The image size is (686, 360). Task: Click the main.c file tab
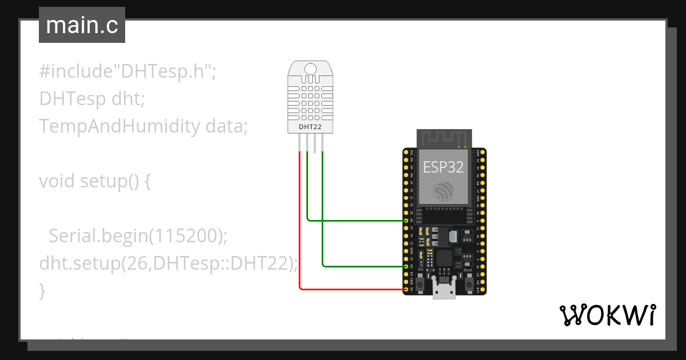click(82, 26)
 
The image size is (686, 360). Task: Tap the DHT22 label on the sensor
click(309, 126)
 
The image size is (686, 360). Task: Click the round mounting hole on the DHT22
click(309, 69)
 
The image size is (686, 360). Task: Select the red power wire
click(300, 229)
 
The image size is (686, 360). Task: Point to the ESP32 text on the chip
click(443, 166)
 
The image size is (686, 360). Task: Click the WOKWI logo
click(607, 315)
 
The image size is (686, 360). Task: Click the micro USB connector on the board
click(444, 290)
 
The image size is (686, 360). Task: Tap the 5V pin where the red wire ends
click(406, 289)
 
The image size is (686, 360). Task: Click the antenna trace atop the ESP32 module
click(444, 138)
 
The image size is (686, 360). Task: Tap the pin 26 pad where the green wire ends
click(406, 220)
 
